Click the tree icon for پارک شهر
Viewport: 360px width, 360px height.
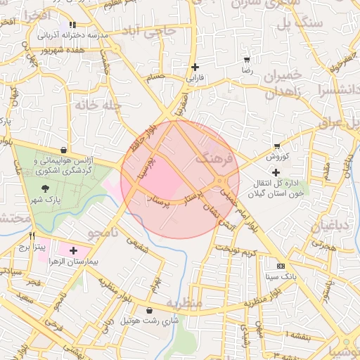tap(46, 188)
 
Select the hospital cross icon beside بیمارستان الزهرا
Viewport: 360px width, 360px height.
tap(73, 250)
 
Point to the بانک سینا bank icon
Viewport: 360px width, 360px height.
tap(281, 266)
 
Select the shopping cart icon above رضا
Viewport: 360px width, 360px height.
tap(246, 60)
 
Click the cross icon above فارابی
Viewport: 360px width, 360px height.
tap(194, 67)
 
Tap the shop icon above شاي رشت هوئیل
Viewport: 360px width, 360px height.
tap(149, 310)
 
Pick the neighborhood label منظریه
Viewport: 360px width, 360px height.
tap(184, 302)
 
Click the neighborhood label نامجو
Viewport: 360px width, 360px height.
tap(103, 232)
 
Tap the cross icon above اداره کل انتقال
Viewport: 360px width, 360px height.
tap(276, 172)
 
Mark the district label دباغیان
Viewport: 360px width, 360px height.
tap(324, 226)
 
